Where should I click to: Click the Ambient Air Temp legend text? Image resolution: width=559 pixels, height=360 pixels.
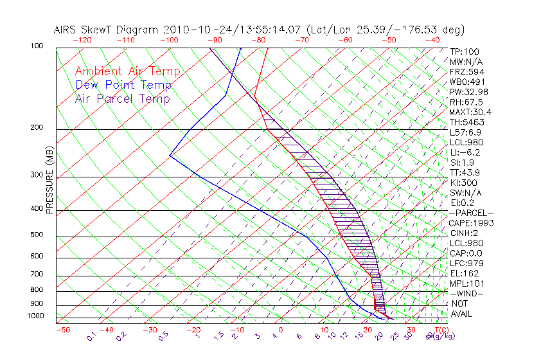[x=127, y=71]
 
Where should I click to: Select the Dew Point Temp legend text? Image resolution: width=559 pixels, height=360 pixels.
[x=123, y=85]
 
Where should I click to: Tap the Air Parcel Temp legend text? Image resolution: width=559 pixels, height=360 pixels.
[x=122, y=98]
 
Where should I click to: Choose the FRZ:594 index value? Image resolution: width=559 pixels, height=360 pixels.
[x=466, y=71]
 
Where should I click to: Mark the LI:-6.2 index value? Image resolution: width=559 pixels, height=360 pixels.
[x=465, y=152]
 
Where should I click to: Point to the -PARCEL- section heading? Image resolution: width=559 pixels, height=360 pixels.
[x=472, y=213]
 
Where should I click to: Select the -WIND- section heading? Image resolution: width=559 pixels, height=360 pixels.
[x=467, y=293]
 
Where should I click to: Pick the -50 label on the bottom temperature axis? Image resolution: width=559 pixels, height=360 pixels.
[x=63, y=330]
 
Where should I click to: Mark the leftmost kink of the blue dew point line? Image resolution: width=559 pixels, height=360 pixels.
[x=170, y=155]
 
